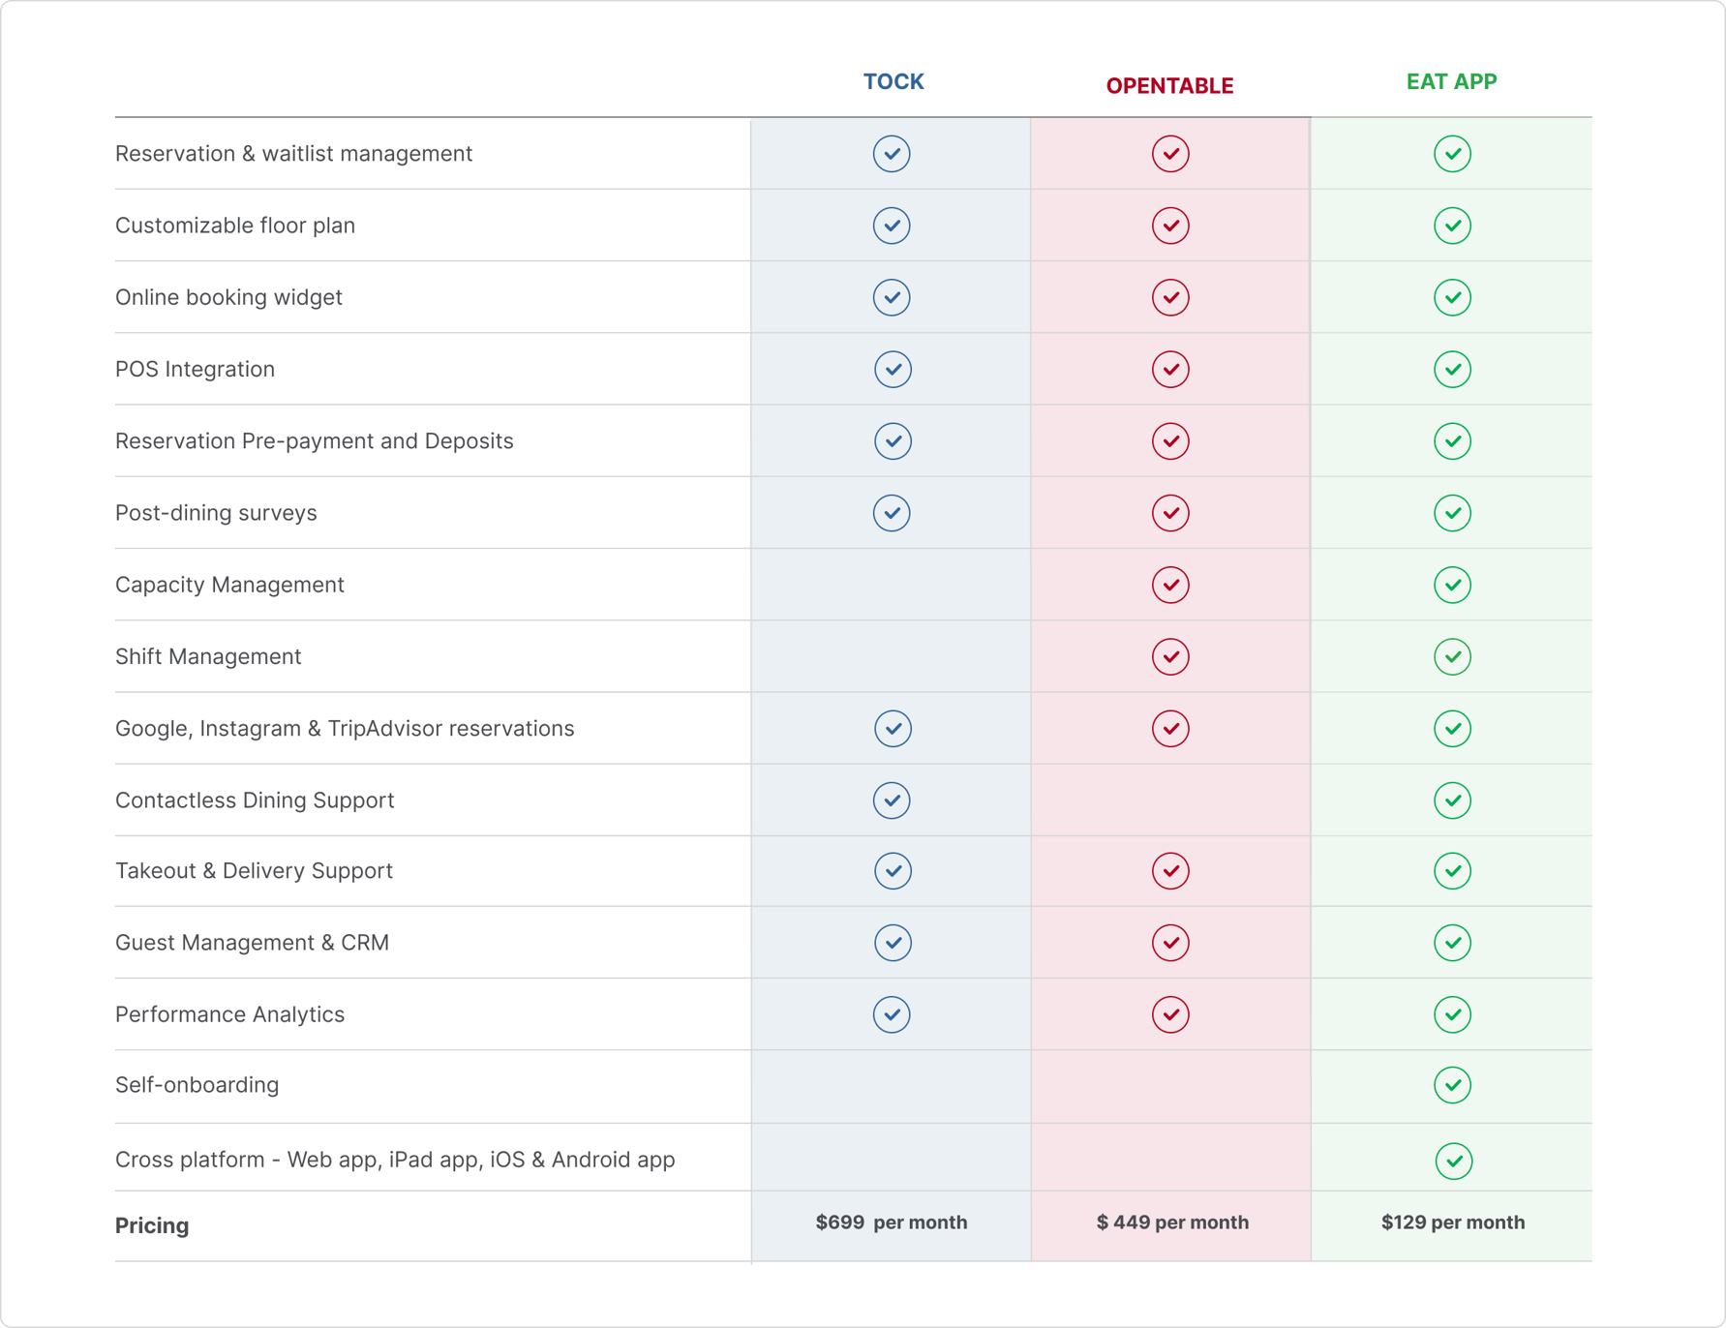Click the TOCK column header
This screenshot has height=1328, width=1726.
pos(893,81)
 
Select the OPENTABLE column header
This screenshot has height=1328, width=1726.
pos(1169,86)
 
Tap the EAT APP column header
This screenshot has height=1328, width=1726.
pos(1451,81)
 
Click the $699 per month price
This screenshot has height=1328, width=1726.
pos(891,1222)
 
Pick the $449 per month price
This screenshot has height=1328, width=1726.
pos(1171,1222)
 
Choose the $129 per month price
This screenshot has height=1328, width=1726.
pos(1452,1222)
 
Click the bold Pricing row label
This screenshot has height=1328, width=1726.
pos(152,1225)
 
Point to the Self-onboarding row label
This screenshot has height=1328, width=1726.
pos(197,1085)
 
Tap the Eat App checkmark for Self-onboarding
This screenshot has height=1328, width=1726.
pos(1452,1085)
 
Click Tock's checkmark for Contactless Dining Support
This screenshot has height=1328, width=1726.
pos(892,800)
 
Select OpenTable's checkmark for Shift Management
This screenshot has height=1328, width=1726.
pos(1170,656)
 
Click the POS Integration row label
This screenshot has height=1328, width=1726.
pos(195,369)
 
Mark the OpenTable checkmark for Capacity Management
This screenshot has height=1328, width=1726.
pos(1170,585)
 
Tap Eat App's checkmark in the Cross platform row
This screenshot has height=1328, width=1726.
pos(1453,1161)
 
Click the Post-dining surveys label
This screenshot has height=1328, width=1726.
pos(216,513)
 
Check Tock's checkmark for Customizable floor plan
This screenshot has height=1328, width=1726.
pos(892,226)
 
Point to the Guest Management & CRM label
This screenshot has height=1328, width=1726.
pos(252,943)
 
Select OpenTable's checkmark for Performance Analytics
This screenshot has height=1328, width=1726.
pos(1170,1014)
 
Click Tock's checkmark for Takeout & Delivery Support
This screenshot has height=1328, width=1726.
pos(893,871)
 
